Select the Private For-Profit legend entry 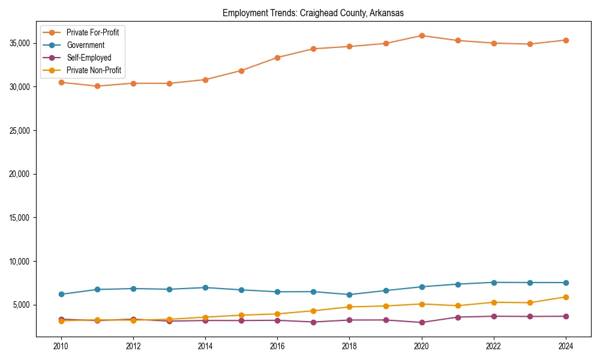click(92, 32)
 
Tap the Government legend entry click(85, 45)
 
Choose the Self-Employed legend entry click(89, 58)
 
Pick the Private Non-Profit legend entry click(94, 70)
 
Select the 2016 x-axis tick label click(277, 346)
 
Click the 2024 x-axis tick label click(566, 346)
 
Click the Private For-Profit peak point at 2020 click(422, 35)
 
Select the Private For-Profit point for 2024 click(566, 40)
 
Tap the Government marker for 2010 click(61, 294)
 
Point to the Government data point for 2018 click(349, 295)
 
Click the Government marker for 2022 click(494, 283)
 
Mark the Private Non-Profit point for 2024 click(566, 297)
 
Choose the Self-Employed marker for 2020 click(422, 322)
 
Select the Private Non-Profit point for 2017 click(313, 311)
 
